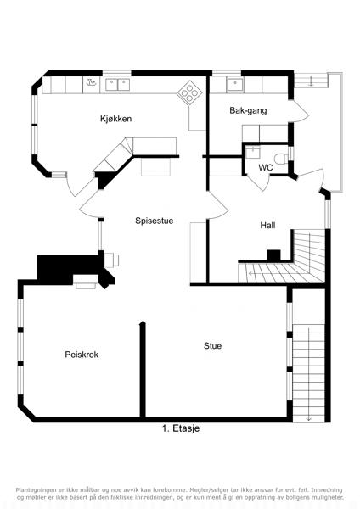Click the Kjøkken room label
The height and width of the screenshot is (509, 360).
pyautogui.click(x=115, y=119)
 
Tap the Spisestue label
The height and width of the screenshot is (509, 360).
pyautogui.click(x=154, y=221)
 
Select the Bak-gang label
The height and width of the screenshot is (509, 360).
pyautogui.click(x=248, y=110)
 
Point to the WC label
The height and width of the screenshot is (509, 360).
pyautogui.click(x=266, y=167)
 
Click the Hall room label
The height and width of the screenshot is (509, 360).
pyautogui.click(x=267, y=225)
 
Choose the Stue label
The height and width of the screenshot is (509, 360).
pyautogui.click(x=212, y=346)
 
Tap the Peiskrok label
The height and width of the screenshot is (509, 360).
pyautogui.click(x=82, y=355)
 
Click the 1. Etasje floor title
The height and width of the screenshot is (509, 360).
pyautogui.click(x=181, y=428)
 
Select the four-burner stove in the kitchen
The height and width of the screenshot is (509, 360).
pyautogui.click(x=189, y=92)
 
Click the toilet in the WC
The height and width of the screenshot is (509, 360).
pyautogui.click(x=279, y=159)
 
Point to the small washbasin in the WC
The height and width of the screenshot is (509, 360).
pyautogui.click(x=252, y=152)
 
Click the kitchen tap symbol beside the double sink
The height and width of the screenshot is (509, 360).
pyautogui.click(x=92, y=82)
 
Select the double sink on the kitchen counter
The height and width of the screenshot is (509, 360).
pyautogui.click(x=117, y=85)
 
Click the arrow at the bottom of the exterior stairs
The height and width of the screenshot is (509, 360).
pyautogui.click(x=308, y=419)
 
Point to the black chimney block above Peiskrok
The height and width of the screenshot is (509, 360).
pyautogui.click(x=76, y=268)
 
